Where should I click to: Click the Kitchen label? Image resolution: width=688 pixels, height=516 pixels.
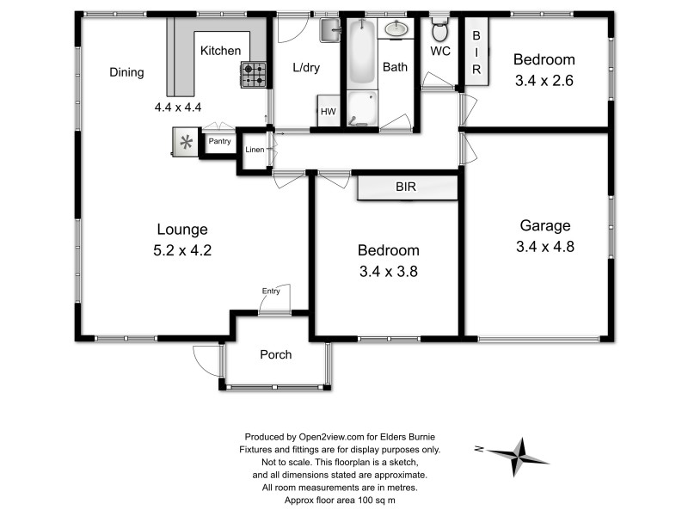tap(221, 51)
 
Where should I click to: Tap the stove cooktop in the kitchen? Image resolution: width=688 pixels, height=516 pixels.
tap(254, 76)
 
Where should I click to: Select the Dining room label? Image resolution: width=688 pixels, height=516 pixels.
tap(126, 72)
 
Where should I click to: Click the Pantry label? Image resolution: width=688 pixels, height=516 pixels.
tap(219, 142)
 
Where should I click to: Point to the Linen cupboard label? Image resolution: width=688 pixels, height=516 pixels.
tap(255, 150)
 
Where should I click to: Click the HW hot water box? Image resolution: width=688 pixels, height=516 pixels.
tap(329, 112)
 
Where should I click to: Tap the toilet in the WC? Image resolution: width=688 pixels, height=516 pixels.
tap(439, 31)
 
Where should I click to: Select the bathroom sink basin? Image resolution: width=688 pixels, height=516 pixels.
tap(396, 30)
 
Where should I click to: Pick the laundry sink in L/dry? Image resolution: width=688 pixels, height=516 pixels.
tap(331, 31)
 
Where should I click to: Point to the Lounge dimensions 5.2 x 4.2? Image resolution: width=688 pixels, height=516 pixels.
tap(181, 252)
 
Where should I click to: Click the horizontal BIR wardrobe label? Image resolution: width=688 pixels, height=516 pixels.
tap(407, 186)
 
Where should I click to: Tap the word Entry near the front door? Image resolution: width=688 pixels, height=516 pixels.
tap(271, 291)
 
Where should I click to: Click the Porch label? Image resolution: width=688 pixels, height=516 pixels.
tap(275, 354)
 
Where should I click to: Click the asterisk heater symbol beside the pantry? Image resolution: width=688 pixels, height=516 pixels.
tap(184, 141)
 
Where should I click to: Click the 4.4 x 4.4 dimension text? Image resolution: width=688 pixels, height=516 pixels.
tap(178, 107)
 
